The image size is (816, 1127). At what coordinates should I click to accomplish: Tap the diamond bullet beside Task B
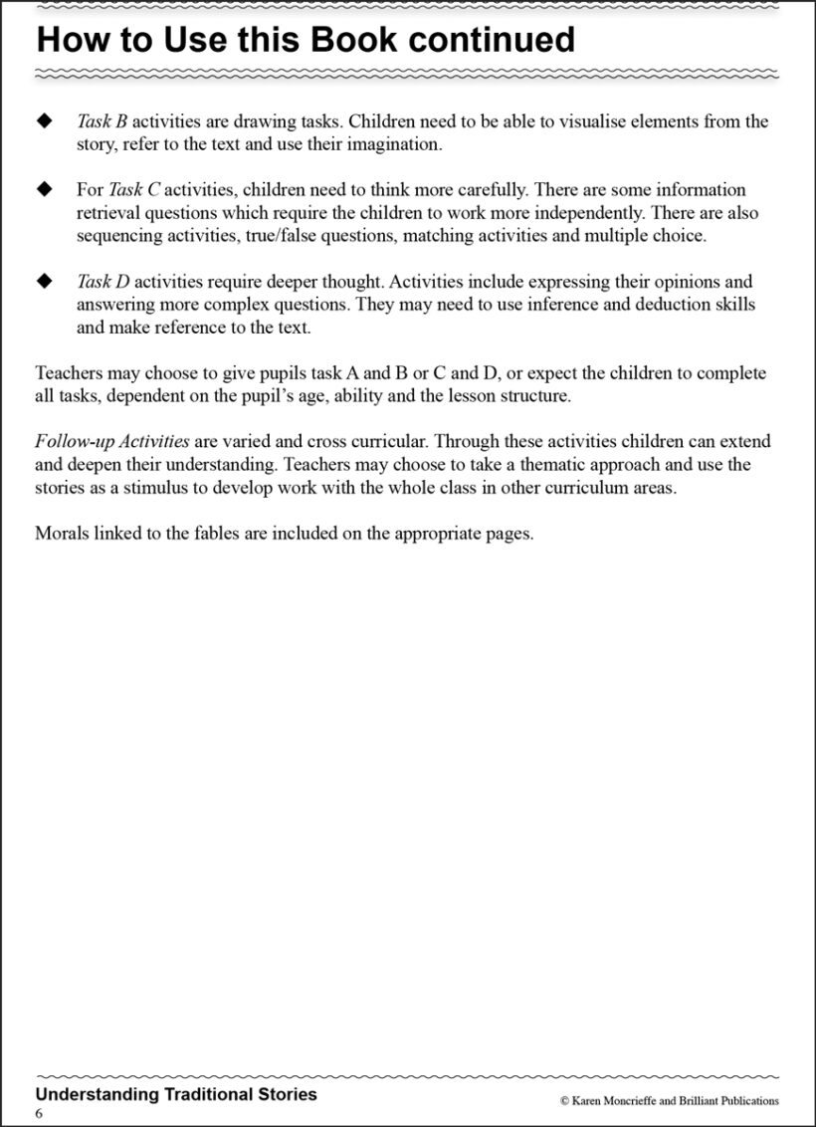(x=43, y=121)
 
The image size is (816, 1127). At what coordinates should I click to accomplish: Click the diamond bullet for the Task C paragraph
(x=43, y=189)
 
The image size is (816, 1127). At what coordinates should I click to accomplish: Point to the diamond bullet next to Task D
(x=43, y=282)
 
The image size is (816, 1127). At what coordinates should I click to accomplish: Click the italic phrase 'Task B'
(x=102, y=121)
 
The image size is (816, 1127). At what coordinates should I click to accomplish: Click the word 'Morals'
(x=63, y=533)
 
